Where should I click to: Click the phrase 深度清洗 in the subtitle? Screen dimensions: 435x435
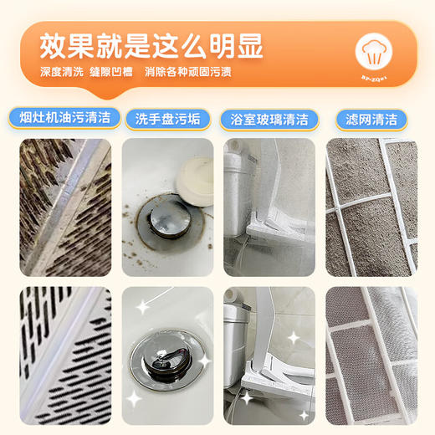click(62, 72)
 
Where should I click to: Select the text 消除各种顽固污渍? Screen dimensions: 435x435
click(188, 72)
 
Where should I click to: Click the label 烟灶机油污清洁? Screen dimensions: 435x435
click(64, 118)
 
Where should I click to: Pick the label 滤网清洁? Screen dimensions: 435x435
click(371, 119)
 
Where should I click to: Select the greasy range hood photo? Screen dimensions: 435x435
click(65, 207)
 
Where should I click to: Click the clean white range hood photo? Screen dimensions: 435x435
click(65, 356)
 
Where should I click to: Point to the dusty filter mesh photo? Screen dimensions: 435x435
click(371, 207)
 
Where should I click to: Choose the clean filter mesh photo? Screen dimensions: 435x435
click(371, 356)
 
